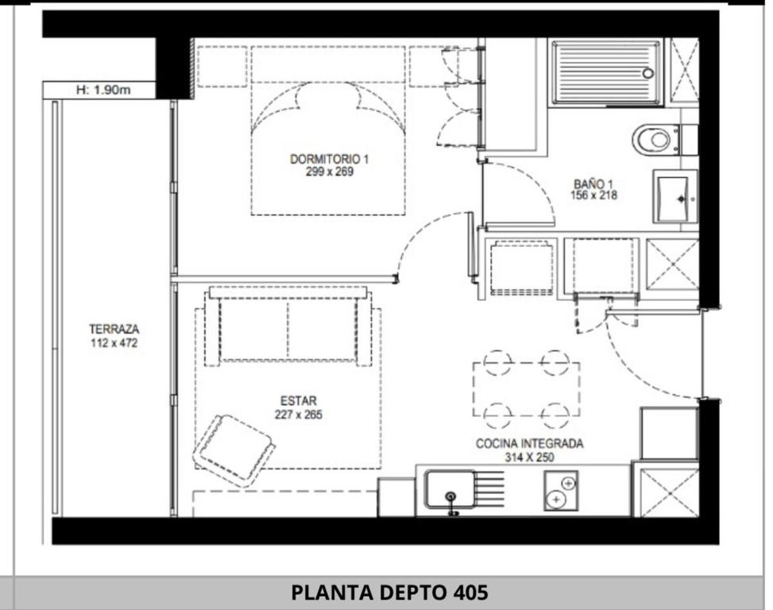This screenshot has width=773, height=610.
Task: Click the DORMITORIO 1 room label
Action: point(329,159)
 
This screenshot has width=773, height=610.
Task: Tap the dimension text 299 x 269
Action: point(330,172)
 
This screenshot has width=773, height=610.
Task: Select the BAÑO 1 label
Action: point(593,183)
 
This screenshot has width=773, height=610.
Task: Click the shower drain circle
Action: point(647,73)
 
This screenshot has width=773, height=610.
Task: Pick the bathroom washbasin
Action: point(675,197)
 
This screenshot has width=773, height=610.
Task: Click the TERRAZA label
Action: point(114,329)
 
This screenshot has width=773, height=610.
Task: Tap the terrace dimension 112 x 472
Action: point(114,343)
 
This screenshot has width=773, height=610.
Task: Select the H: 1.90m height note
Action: point(103,90)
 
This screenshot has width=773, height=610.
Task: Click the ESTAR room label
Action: point(298,400)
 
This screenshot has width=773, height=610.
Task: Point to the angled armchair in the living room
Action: point(234,450)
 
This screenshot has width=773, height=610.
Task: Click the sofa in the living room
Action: point(288,326)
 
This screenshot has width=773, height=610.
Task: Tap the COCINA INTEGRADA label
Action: point(529,443)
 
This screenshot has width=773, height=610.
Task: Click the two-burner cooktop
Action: point(561,491)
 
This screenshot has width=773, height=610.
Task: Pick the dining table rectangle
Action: point(527,389)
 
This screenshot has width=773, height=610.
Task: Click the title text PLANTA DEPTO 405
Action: point(389,593)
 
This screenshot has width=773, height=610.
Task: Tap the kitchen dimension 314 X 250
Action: point(529,457)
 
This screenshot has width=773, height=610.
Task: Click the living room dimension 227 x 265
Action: point(298,415)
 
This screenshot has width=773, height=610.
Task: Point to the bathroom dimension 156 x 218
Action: point(593,195)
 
